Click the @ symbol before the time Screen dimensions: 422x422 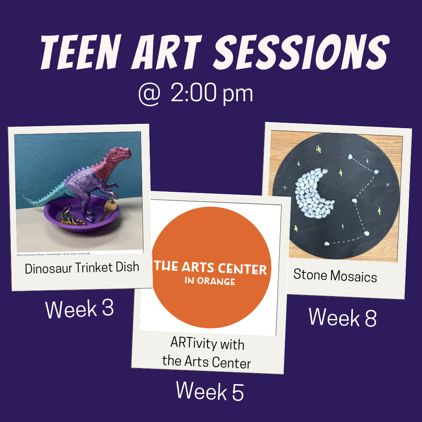tap(149, 94)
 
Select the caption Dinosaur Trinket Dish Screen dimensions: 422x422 tap(82, 268)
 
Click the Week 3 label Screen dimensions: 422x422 tap(80, 309)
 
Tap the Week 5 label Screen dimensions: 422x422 tap(210, 391)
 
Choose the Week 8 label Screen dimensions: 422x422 tap(343, 317)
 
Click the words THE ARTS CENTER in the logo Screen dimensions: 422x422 tap(210, 269)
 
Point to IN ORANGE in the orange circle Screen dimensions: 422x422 tap(210, 281)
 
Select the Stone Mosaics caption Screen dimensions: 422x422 tap(335, 276)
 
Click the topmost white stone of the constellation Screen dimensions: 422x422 tap(350, 156)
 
